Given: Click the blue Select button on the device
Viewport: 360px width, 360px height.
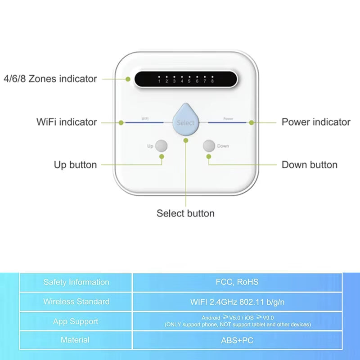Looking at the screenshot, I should (186, 121).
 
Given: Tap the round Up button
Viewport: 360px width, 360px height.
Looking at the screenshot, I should (161, 146).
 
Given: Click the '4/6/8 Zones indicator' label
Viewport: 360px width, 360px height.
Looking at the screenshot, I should (50, 79).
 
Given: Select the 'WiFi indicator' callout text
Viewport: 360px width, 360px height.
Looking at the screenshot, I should (67, 122).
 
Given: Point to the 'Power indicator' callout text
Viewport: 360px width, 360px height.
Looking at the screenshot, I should (316, 122).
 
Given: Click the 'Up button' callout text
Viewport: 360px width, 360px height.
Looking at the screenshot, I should (75, 165).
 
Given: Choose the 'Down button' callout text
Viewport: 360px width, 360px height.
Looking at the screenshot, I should (310, 165).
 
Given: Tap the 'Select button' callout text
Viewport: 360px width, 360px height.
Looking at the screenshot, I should (185, 213).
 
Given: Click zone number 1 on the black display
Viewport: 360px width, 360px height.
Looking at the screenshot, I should (159, 81).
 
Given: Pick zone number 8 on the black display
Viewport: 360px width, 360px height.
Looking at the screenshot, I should (212, 81).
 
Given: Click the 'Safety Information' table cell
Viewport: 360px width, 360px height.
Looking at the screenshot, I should (76, 282).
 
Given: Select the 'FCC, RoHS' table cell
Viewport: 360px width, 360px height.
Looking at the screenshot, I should (237, 282).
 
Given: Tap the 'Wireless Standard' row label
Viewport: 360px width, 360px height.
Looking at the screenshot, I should (76, 301).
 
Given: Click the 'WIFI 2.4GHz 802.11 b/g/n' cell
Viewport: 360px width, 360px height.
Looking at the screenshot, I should (237, 301).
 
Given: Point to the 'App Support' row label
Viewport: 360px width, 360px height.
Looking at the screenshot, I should (76, 321).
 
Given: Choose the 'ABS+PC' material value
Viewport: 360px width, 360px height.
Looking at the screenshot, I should (237, 341).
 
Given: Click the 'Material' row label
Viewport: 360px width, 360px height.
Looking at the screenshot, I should (75, 340).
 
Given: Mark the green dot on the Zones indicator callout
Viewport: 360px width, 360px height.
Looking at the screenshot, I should (128, 79).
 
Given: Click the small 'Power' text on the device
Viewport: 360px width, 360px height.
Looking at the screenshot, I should (228, 119).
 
